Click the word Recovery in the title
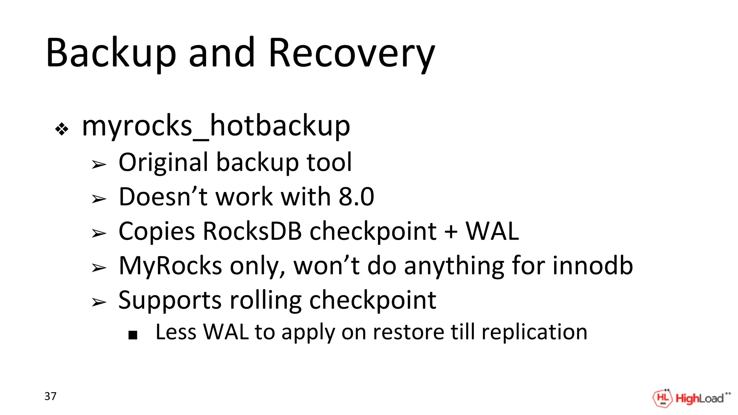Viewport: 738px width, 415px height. coord(351,53)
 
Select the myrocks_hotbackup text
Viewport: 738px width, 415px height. coord(216,126)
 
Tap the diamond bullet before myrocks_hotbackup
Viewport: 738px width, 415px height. coord(62,129)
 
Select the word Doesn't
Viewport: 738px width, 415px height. coord(163,197)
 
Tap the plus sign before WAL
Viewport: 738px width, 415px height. coord(451,232)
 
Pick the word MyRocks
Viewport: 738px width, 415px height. coord(170,265)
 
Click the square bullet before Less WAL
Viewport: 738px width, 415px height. coord(133,335)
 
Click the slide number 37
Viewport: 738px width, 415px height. coord(50,396)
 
